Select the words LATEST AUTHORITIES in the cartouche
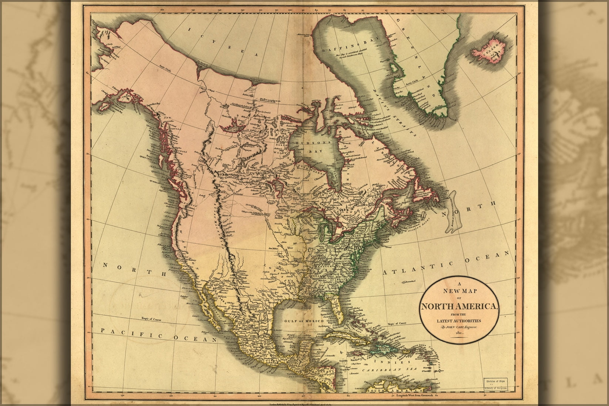tap(462, 320)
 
